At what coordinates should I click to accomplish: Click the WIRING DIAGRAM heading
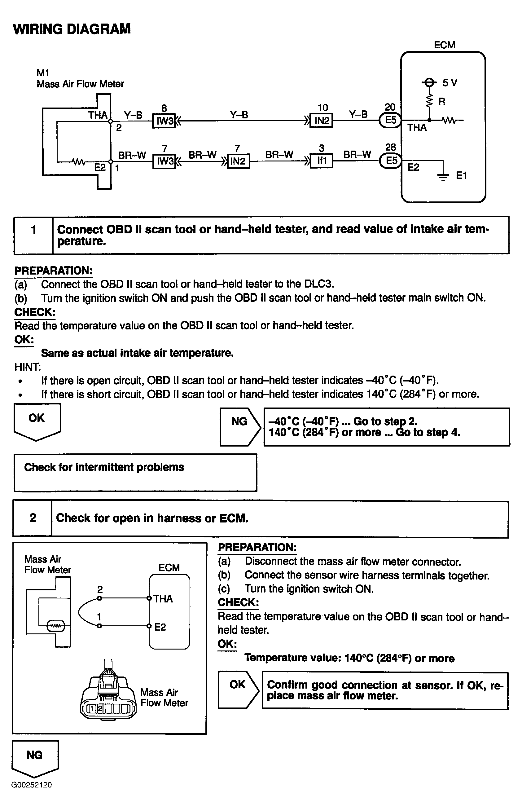72,29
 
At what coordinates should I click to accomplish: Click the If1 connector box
321,161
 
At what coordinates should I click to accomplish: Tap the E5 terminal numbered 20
390,120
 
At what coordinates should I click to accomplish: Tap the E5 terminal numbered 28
391,160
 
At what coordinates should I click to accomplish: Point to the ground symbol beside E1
443,176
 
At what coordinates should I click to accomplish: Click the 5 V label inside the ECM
450,83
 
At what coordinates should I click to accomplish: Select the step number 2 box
33,518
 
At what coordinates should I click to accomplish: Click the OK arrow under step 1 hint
37,421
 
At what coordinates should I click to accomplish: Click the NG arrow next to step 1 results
240,426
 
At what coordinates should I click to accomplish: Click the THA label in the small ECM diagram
163,599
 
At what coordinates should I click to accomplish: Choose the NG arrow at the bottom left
35,757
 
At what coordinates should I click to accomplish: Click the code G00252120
32,785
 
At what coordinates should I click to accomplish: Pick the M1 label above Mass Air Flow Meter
43,73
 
